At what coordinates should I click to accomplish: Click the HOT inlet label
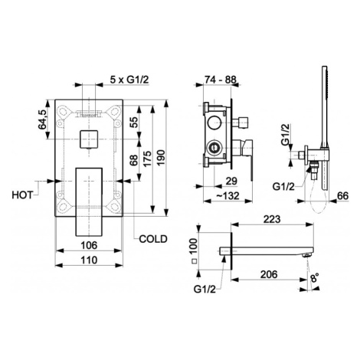(x=23, y=195)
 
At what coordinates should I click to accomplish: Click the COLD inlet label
(x=153, y=239)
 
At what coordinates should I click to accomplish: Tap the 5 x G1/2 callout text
(x=129, y=80)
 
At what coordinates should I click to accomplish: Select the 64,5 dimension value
(x=43, y=119)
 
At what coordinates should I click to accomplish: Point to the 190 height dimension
(x=162, y=158)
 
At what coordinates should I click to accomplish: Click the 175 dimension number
(x=147, y=159)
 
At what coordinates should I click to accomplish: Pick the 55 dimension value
(x=134, y=122)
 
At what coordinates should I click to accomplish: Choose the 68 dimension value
(x=134, y=160)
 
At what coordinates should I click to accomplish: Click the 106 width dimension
(x=89, y=245)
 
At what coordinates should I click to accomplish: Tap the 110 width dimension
(x=89, y=260)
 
